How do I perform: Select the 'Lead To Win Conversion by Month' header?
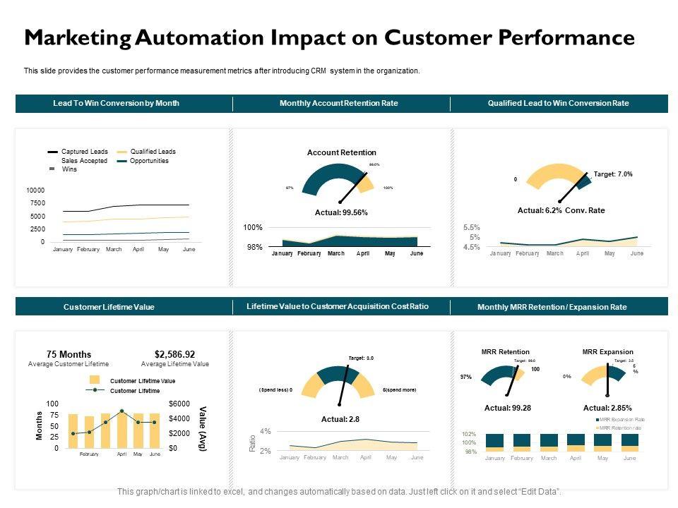(116, 103)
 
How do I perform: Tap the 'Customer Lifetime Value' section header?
(109, 307)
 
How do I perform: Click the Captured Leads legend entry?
(84, 152)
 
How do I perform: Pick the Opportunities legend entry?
(149, 161)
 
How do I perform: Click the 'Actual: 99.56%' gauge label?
(341, 212)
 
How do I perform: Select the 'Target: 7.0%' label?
(613, 174)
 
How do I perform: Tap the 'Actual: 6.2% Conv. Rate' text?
(561, 210)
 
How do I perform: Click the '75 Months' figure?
(69, 354)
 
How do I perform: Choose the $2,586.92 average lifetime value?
(174, 354)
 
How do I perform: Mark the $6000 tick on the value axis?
(179, 404)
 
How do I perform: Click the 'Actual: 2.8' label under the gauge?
(340, 419)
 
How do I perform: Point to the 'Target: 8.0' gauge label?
(361, 358)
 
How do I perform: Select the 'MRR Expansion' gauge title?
(607, 352)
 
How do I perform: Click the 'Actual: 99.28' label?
(507, 408)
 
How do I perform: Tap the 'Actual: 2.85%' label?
(607, 408)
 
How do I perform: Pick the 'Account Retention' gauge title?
(342, 152)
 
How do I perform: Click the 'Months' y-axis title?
(40, 426)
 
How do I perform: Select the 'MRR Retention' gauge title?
(505, 352)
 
